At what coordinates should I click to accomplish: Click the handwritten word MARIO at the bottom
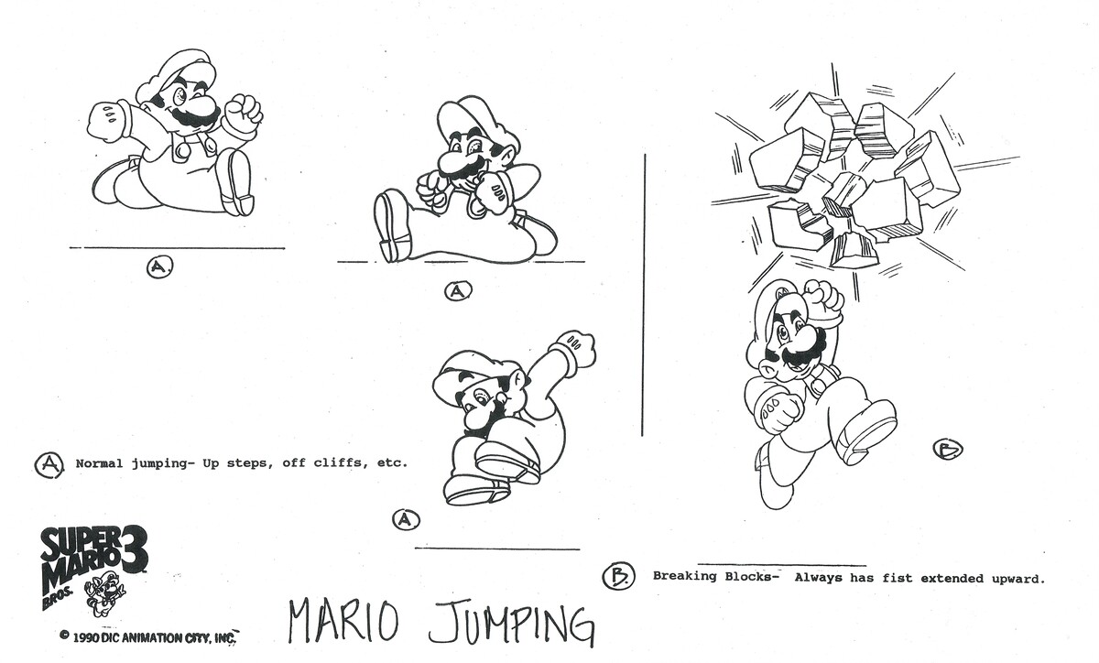pyautogui.click(x=343, y=623)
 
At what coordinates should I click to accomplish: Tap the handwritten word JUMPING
pyautogui.click(x=511, y=625)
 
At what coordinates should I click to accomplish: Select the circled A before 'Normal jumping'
pyautogui.click(x=49, y=464)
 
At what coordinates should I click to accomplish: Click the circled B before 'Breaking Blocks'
pyautogui.click(x=618, y=576)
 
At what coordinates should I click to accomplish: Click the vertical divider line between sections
pyautogui.click(x=644, y=293)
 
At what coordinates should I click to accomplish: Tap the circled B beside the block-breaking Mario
pyautogui.click(x=947, y=449)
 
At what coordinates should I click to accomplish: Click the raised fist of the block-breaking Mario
pyautogui.click(x=822, y=298)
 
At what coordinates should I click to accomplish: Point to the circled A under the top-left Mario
pyautogui.click(x=159, y=266)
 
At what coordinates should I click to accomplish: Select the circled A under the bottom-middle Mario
pyautogui.click(x=406, y=520)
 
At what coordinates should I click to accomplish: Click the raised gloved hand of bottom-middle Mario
pyautogui.click(x=575, y=348)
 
